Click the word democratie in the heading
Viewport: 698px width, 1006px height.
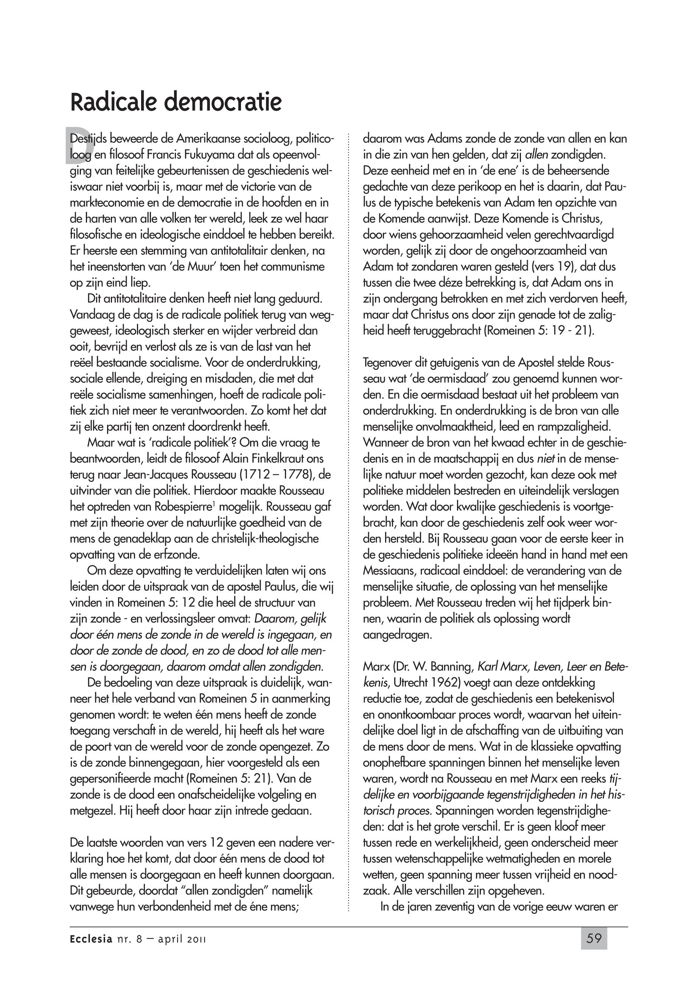coord(223,102)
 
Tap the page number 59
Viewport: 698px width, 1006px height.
coord(594,939)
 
